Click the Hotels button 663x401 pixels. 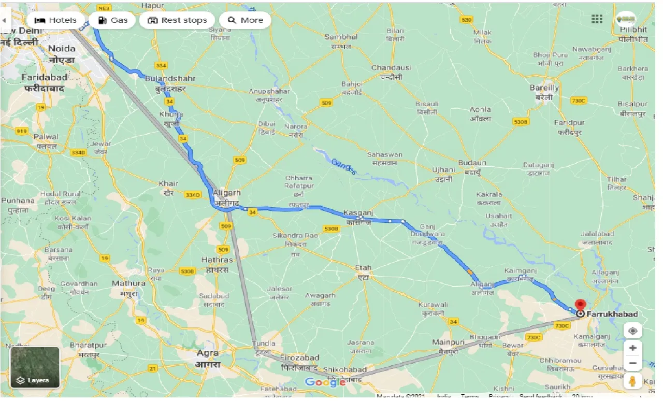(x=55, y=20)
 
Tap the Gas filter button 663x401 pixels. (x=112, y=20)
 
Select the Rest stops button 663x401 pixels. (x=177, y=20)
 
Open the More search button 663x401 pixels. (x=245, y=20)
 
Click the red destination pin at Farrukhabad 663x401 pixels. (x=580, y=305)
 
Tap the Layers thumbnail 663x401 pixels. (x=35, y=367)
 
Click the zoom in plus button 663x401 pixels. (x=632, y=348)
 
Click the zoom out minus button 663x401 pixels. (x=632, y=363)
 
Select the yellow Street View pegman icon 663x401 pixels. (x=632, y=381)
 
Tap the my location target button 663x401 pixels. (x=632, y=331)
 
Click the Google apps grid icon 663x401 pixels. (x=597, y=19)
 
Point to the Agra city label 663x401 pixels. (x=208, y=353)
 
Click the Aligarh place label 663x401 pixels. (x=226, y=192)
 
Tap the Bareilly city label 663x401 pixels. (x=544, y=88)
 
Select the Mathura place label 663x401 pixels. (x=128, y=283)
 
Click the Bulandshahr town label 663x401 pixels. (x=163, y=78)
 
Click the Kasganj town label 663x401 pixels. (x=358, y=213)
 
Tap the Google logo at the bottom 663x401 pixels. (x=325, y=382)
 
